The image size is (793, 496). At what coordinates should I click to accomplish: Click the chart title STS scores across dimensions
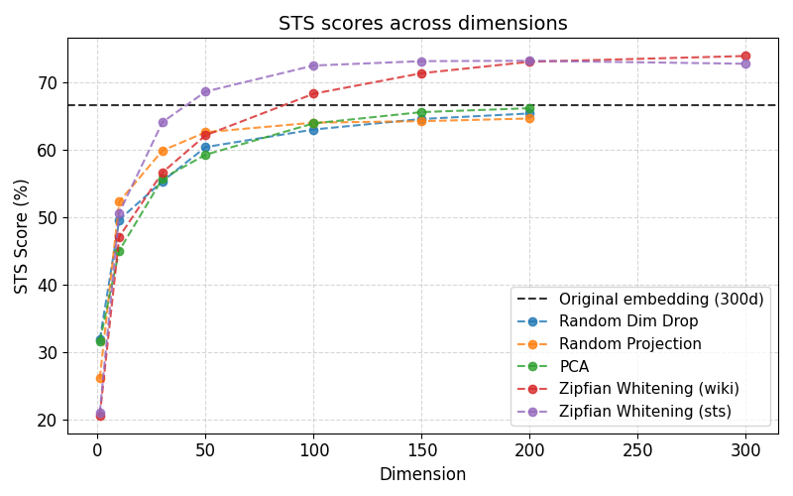coord(422,24)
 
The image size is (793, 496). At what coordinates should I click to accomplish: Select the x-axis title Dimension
coord(422,474)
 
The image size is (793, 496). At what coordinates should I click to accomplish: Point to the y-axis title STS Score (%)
coord(22,235)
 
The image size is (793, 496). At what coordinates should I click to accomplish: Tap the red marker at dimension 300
coord(745,57)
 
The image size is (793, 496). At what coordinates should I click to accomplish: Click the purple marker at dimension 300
coord(745,63)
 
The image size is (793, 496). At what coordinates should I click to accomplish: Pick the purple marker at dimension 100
coord(313,65)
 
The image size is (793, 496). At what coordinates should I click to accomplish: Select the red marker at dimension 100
coord(313,94)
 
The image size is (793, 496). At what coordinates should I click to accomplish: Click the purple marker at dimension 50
coord(205,91)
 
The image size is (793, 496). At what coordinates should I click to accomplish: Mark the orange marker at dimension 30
coord(163,151)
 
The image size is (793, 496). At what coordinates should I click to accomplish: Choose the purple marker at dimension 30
coord(163,122)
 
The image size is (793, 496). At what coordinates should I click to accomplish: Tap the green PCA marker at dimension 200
coord(529,108)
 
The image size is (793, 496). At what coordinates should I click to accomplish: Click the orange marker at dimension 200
coord(529,118)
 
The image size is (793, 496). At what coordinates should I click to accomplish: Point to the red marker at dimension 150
coord(421,73)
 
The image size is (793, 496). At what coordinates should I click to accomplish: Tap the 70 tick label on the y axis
coord(48,82)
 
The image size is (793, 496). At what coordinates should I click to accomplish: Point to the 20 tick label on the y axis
coord(48,420)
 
